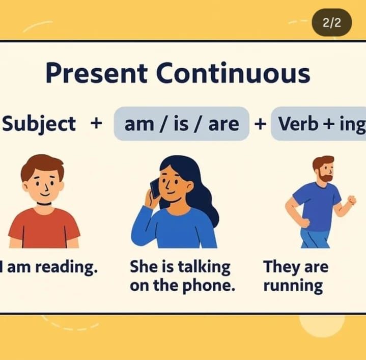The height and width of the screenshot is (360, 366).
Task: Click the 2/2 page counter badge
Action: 332,22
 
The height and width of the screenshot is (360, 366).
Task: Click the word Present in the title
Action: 96,73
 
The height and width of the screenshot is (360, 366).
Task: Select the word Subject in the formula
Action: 39,124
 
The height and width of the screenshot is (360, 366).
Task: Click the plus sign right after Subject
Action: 96,123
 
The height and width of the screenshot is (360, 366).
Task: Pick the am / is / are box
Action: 181,124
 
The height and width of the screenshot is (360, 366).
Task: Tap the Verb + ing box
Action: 318,124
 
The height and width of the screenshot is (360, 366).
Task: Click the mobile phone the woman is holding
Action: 155,188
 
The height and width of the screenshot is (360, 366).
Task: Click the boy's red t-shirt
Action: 44,228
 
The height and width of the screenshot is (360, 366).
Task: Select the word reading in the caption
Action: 66,267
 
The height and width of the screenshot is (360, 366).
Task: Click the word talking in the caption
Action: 204,267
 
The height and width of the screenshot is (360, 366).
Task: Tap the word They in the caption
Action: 280,267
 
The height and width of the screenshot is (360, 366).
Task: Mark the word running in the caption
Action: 293,286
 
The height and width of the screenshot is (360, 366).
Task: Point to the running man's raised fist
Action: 352,200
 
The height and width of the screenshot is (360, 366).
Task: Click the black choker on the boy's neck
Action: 44,204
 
